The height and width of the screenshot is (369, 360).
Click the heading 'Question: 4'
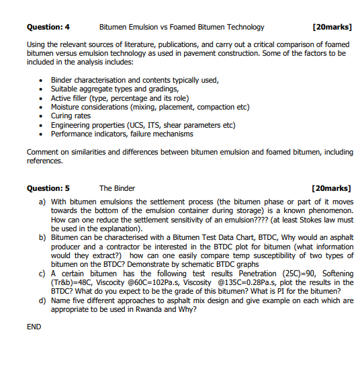48,27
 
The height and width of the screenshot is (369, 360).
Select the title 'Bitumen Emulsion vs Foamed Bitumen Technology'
181,27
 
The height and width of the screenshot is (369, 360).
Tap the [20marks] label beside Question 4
332,27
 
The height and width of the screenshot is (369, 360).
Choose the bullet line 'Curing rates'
71,116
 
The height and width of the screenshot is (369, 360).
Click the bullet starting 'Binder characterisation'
134,80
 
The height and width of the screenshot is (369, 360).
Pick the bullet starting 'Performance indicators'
122,133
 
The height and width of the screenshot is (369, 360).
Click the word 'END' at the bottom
34,327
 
